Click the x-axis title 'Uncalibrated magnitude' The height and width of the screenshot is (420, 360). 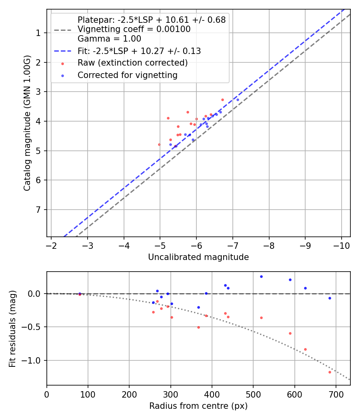(x=198, y=257)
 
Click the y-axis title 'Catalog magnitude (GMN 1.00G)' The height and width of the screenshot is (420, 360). (x=27, y=123)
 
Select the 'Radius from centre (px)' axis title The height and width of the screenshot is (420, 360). (x=198, y=406)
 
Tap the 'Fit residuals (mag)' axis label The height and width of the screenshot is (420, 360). (x=12, y=328)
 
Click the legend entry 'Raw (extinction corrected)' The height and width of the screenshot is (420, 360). (x=132, y=63)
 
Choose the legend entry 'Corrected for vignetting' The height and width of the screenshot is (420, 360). (x=128, y=75)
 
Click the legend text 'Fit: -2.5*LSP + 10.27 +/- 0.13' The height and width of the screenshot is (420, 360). (x=139, y=51)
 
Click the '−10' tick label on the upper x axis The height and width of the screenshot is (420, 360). (x=341, y=245)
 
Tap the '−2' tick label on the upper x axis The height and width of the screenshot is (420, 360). (x=51, y=245)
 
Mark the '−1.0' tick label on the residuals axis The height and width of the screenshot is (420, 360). (x=33, y=361)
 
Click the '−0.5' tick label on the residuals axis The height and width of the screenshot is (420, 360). (x=33, y=327)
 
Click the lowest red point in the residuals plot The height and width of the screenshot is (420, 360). (x=330, y=372)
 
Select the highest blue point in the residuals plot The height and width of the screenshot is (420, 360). (x=261, y=276)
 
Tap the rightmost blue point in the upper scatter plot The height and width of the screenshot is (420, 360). (x=238, y=100)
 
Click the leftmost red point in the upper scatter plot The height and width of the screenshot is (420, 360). (x=159, y=144)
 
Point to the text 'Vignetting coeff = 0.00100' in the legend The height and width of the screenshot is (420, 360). (x=134, y=29)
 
